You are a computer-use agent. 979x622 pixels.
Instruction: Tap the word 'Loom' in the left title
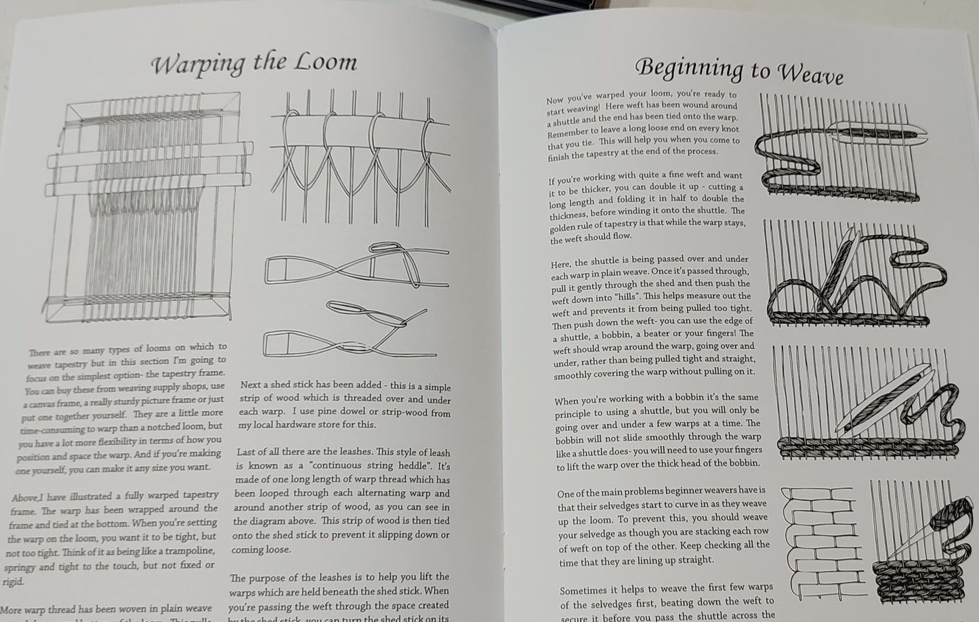(325, 63)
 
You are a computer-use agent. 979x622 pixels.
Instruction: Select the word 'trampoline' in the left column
(186, 551)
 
